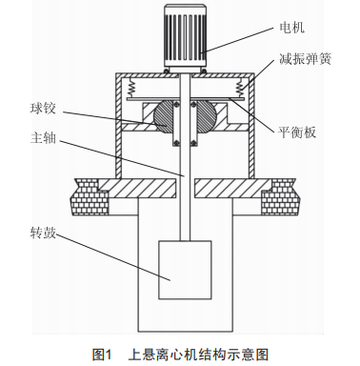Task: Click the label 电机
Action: [291, 28]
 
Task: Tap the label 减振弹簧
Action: [305, 59]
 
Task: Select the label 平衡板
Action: [297, 132]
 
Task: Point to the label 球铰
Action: [43, 109]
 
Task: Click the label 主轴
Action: [43, 138]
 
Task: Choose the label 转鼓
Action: [43, 234]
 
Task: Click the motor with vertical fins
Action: [185, 37]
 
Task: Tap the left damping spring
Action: [130, 88]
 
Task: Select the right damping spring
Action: [239, 88]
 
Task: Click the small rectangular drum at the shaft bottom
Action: [185, 270]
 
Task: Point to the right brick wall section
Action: [280, 197]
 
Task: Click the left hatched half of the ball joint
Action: [164, 115]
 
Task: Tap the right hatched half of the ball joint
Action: [207, 115]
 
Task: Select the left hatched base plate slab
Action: [138, 188]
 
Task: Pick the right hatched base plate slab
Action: [233, 188]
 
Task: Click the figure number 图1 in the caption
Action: [102, 355]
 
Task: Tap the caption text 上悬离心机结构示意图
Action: [198, 355]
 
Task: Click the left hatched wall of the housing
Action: [118, 125]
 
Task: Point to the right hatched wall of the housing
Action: [251, 125]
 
